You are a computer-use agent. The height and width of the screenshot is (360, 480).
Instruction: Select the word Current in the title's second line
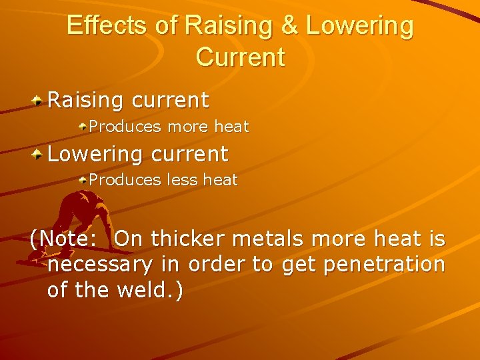(x=240, y=57)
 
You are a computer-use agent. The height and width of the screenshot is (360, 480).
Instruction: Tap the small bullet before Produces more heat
(x=83, y=126)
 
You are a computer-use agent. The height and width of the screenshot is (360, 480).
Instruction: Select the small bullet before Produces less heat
(x=83, y=179)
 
